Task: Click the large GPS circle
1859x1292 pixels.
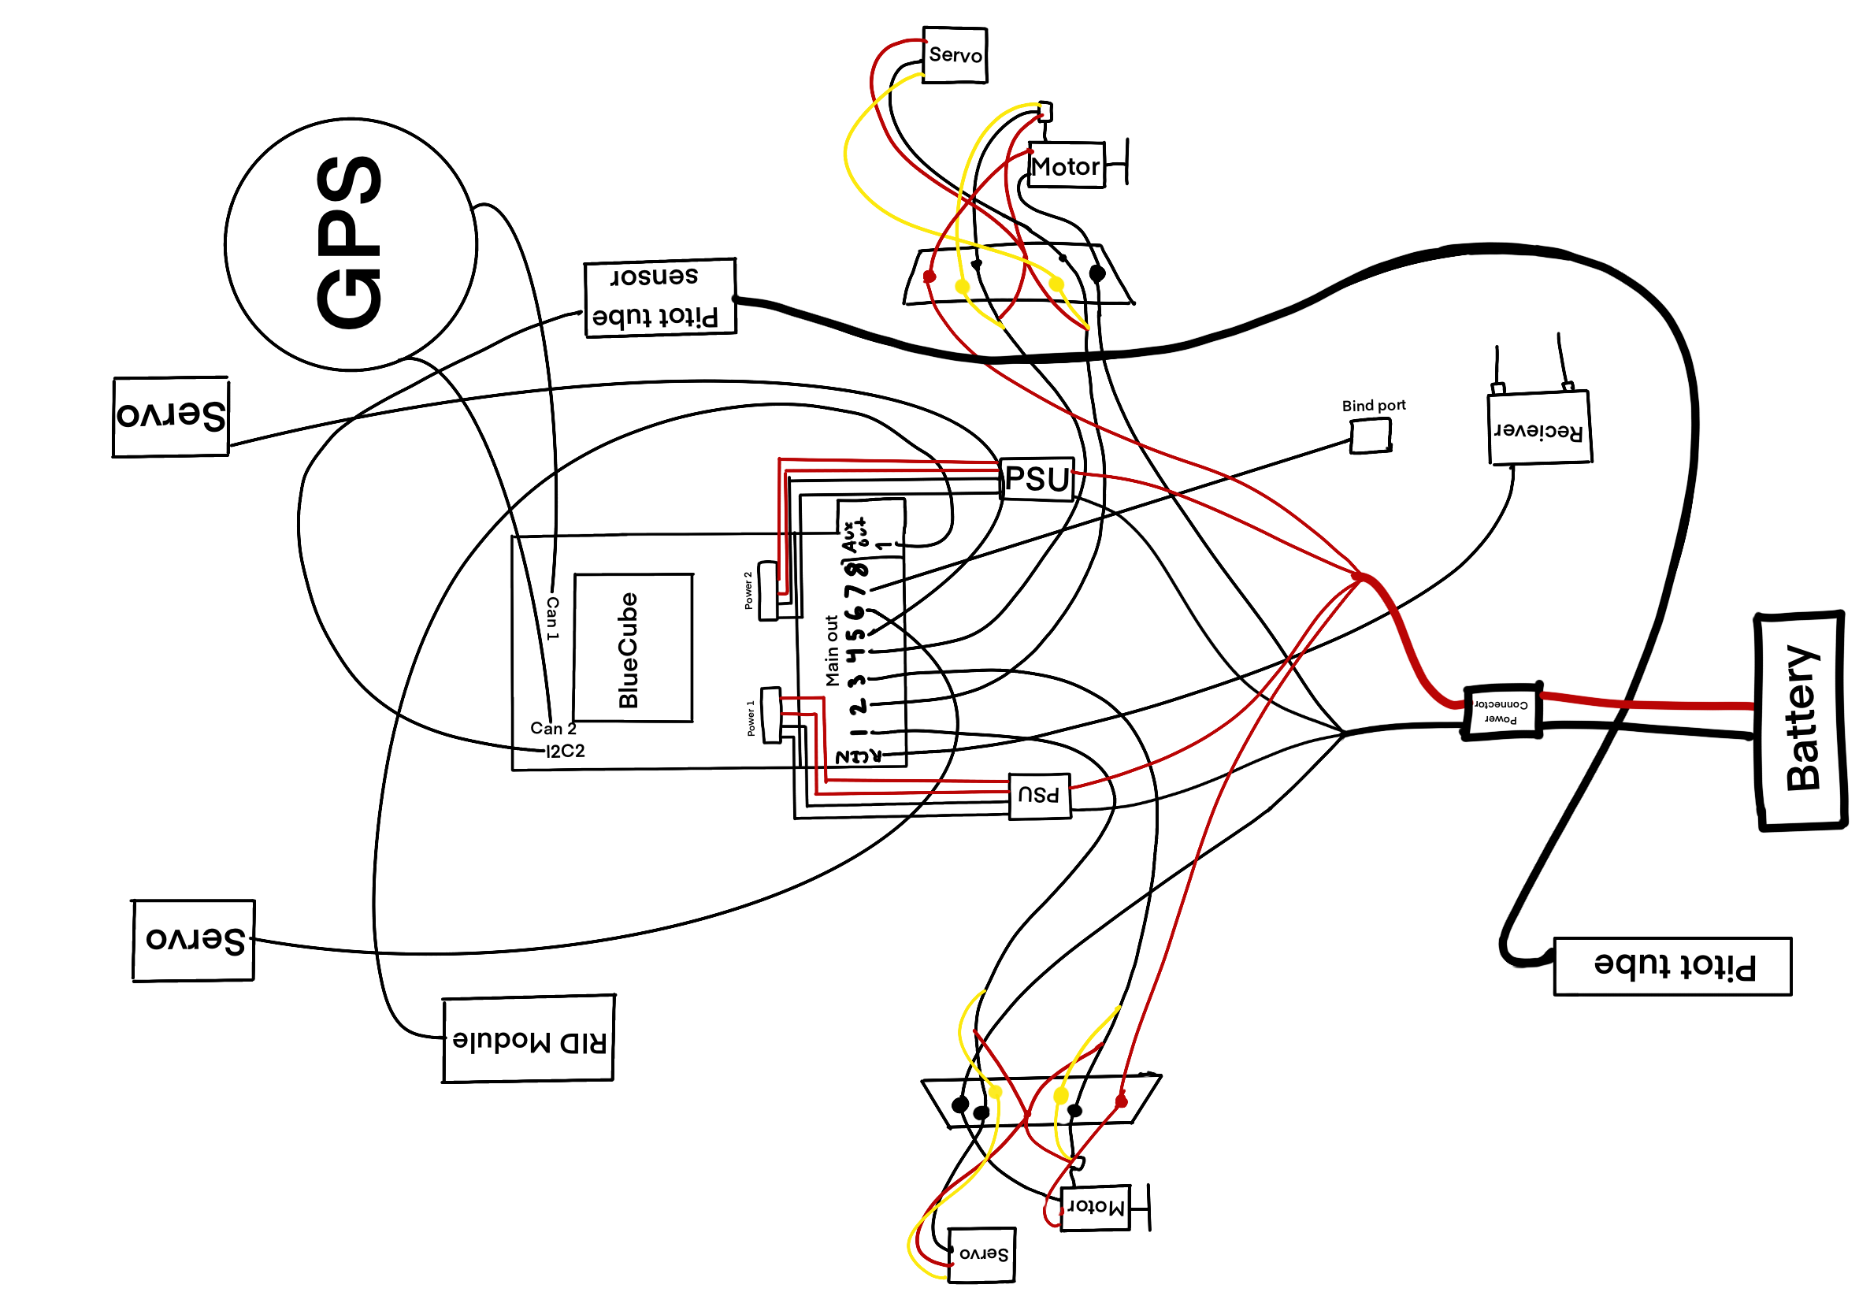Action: point(350,244)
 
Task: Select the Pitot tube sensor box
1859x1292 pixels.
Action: point(659,297)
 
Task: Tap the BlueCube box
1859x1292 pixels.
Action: point(632,648)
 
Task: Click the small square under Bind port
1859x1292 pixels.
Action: point(1369,436)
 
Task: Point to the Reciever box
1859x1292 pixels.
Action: point(1539,429)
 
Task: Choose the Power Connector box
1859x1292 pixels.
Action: point(1501,711)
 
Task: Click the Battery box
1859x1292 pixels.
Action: point(1800,720)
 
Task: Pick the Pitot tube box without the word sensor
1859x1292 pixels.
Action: point(1672,966)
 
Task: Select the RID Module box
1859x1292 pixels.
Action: point(528,1038)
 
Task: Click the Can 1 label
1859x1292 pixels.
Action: point(552,618)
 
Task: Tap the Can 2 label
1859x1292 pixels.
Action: point(553,728)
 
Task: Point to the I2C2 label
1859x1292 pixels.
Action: point(565,751)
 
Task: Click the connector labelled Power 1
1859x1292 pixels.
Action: point(770,715)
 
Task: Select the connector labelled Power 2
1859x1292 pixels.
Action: point(768,590)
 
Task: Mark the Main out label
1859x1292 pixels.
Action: point(831,650)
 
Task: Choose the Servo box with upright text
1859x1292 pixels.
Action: point(954,55)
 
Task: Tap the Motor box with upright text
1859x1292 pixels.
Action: point(1066,166)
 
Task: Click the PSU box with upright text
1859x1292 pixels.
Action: point(1037,478)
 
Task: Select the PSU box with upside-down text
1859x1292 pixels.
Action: point(1039,795)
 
